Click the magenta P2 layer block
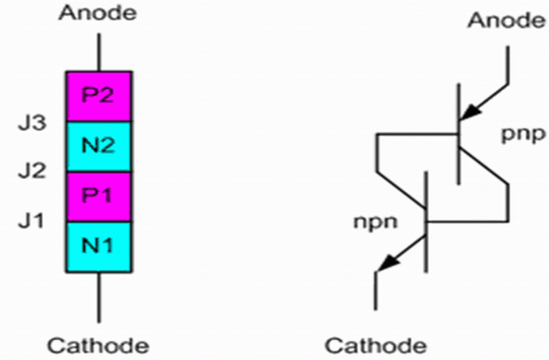99,97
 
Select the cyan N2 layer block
99,147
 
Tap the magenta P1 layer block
99,197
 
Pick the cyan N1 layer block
99,246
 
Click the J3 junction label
32,123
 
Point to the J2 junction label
32,171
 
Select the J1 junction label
31,221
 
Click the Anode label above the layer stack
97,13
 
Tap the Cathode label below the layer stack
98,346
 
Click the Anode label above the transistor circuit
507,20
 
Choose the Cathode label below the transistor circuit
376,346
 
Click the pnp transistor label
523,135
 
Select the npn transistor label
376,223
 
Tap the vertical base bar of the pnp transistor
459,134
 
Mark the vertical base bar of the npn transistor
426,222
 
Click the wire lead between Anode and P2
98,53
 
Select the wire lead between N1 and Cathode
98,297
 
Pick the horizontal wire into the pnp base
417,134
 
